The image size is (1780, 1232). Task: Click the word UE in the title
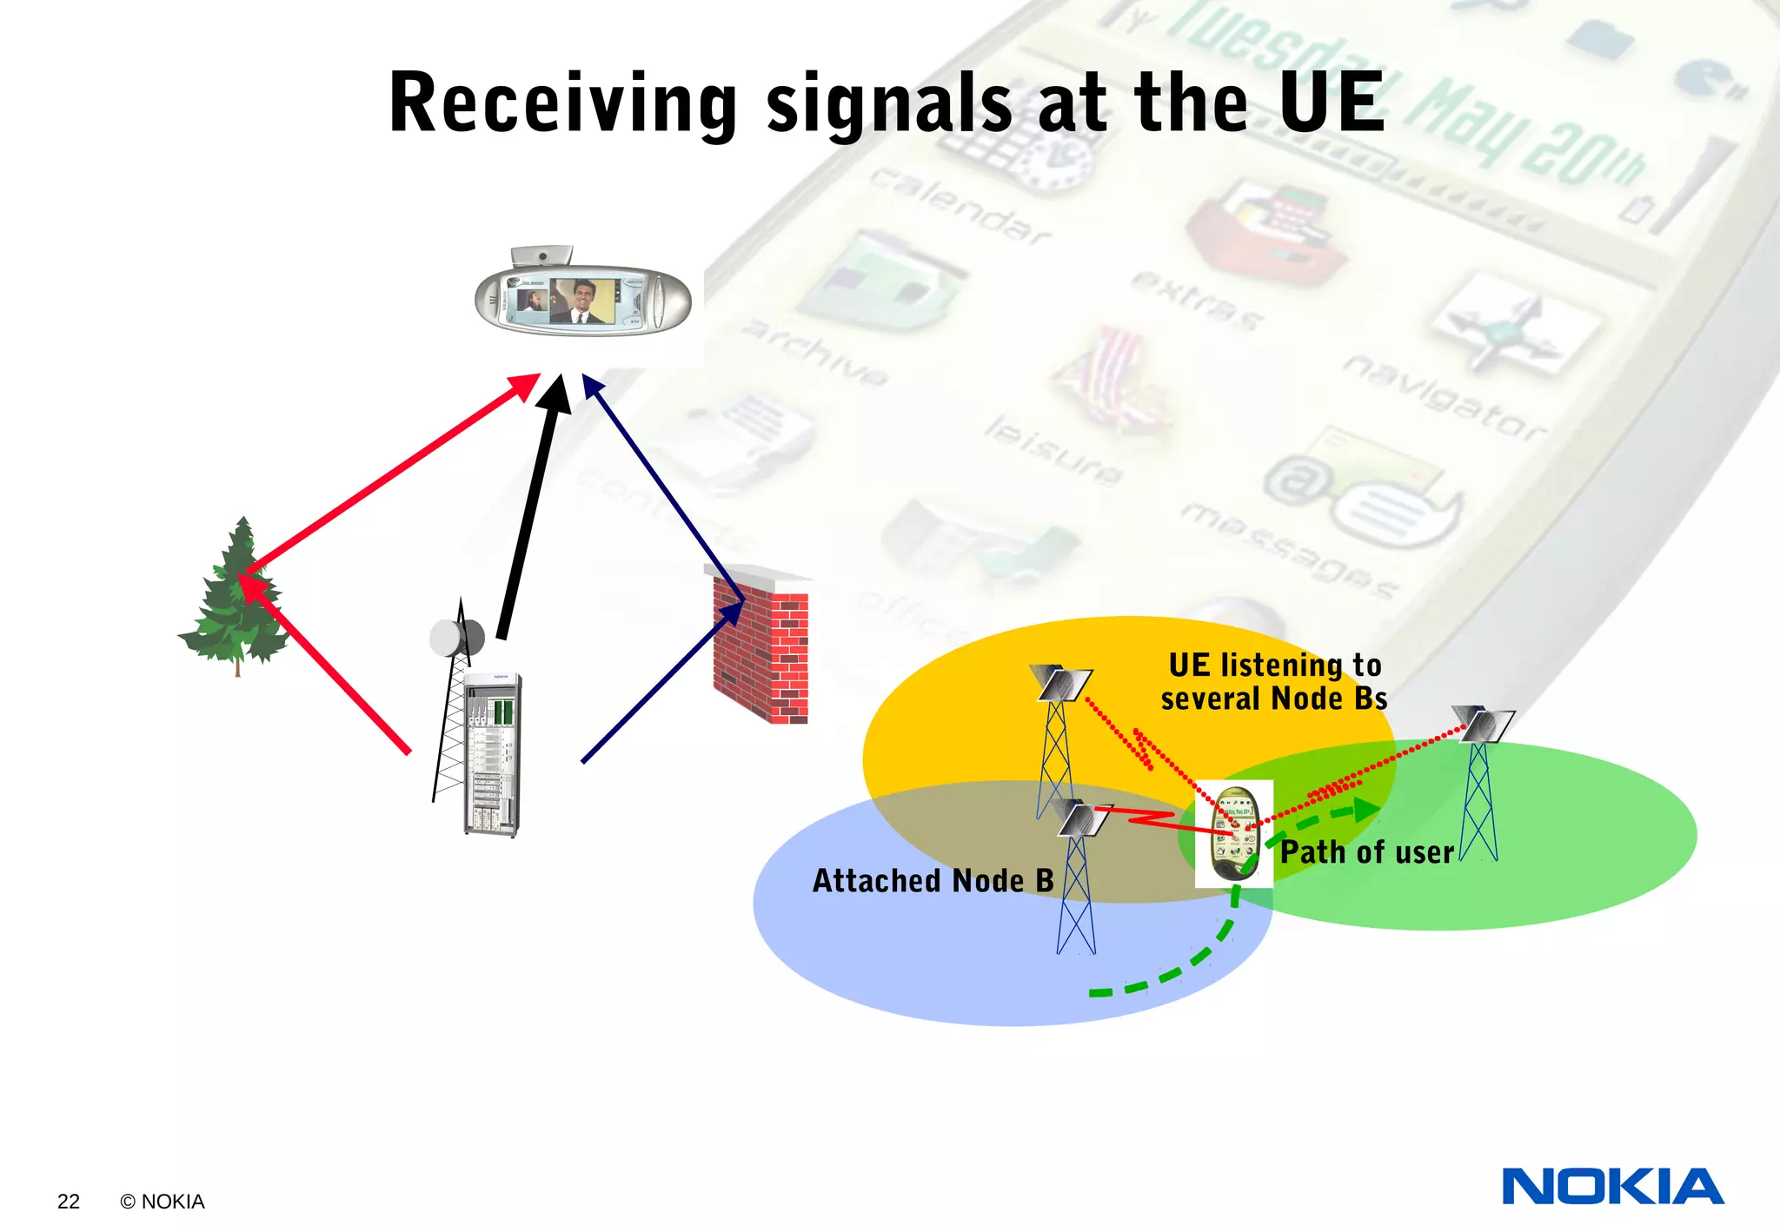click(1332, 103)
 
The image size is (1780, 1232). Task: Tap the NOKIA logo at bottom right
click(1612, 1187)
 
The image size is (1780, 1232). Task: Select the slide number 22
click(68, 1202)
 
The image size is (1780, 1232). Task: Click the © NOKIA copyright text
click(163, 1202)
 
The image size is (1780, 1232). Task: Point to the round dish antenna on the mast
click(455, 639)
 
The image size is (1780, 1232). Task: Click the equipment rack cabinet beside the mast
click(492, 754)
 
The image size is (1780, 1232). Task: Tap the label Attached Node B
click(933, 881)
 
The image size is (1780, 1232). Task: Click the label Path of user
click(1366, 852)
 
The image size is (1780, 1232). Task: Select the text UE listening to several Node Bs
click(1274, 682)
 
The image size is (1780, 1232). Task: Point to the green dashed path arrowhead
click(1367, 810)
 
